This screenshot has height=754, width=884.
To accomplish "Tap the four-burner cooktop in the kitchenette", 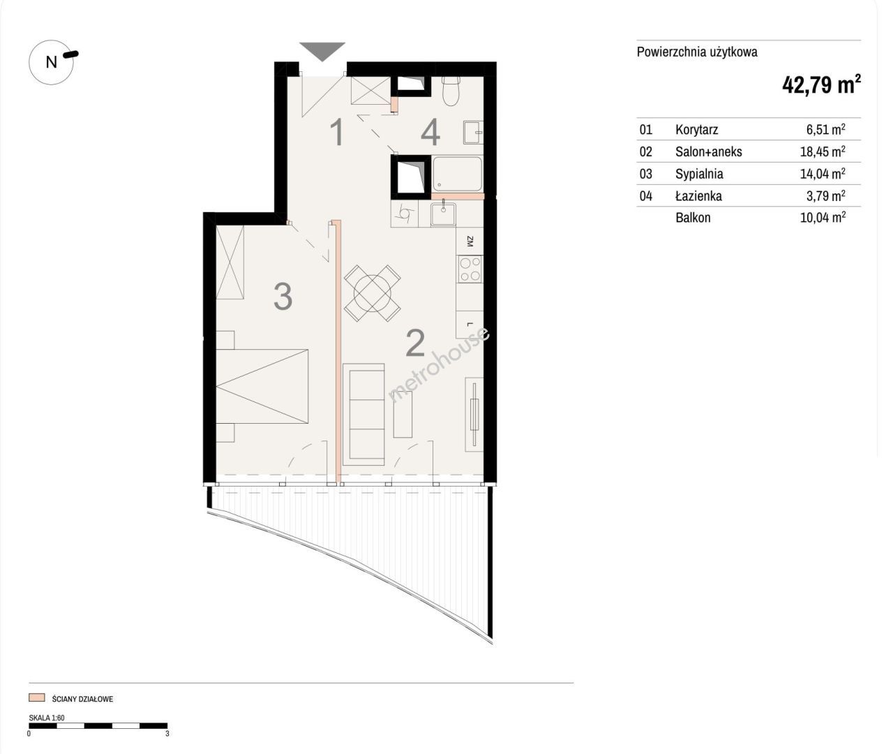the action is tap(470, 269).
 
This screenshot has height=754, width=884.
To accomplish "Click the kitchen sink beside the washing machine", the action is tap(443, 214).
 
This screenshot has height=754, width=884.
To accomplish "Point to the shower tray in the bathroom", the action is tap(457, 174).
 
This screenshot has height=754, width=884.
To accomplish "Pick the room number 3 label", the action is tap(283, 297).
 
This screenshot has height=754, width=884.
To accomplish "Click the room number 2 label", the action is tap(415, 343).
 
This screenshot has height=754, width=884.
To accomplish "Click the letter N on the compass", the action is tap(52, 62).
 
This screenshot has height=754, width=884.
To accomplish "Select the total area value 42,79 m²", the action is tap(821, 84).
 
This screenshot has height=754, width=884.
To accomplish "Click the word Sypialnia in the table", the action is tap(699, 174).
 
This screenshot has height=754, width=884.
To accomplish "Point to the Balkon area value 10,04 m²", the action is tap(823, 217).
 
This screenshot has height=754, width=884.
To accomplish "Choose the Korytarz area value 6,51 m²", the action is tap(825, 129).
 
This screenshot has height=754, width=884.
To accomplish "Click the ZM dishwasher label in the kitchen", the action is tap(470, 242).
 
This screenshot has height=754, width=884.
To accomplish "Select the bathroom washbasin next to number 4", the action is tap(473, 133).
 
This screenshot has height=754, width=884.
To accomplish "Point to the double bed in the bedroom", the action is tap(262, 386).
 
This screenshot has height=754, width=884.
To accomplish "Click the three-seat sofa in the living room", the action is tap(364, 414).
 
